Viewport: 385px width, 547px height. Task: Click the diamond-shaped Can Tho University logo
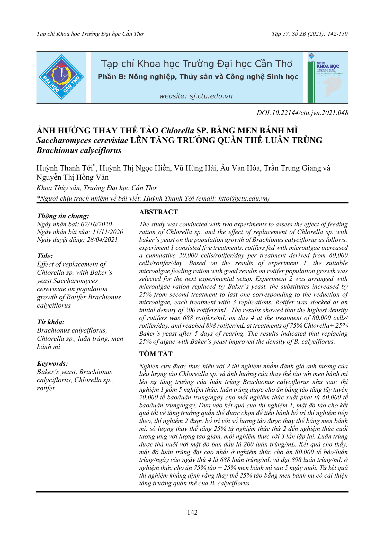coord(61,77)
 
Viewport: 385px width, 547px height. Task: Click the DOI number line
coord(302,113)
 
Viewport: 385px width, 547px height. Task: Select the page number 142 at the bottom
coord(192,512)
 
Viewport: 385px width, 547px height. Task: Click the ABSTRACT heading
coord(158,212)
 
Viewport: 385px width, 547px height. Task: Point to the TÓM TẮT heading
coord(156,354)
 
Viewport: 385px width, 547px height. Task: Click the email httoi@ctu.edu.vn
coord(243,198)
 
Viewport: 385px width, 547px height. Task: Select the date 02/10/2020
coord(96,224)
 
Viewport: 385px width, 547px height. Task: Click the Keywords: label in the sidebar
coord(52,363)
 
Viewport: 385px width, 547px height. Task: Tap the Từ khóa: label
coord(51,322)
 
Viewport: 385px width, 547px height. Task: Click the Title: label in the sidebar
coord(45,256)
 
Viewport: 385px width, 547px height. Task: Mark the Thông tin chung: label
coord(63,216)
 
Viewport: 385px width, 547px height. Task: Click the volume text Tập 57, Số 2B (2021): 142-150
coord(309,34)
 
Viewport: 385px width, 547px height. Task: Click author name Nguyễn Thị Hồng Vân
coord(73,177)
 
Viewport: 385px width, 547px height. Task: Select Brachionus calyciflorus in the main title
coord(79,150)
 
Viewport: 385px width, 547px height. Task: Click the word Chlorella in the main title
coord(177,130)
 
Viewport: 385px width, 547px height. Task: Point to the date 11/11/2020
coord(108,232)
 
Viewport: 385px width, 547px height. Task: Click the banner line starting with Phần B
coord(198,77)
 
